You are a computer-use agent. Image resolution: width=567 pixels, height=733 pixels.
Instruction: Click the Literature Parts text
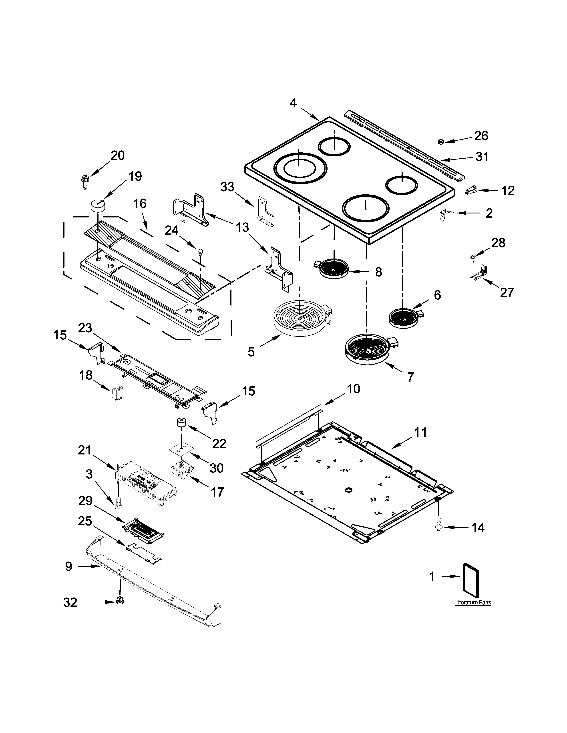473,602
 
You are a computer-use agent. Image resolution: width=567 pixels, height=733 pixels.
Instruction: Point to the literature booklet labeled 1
471,578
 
